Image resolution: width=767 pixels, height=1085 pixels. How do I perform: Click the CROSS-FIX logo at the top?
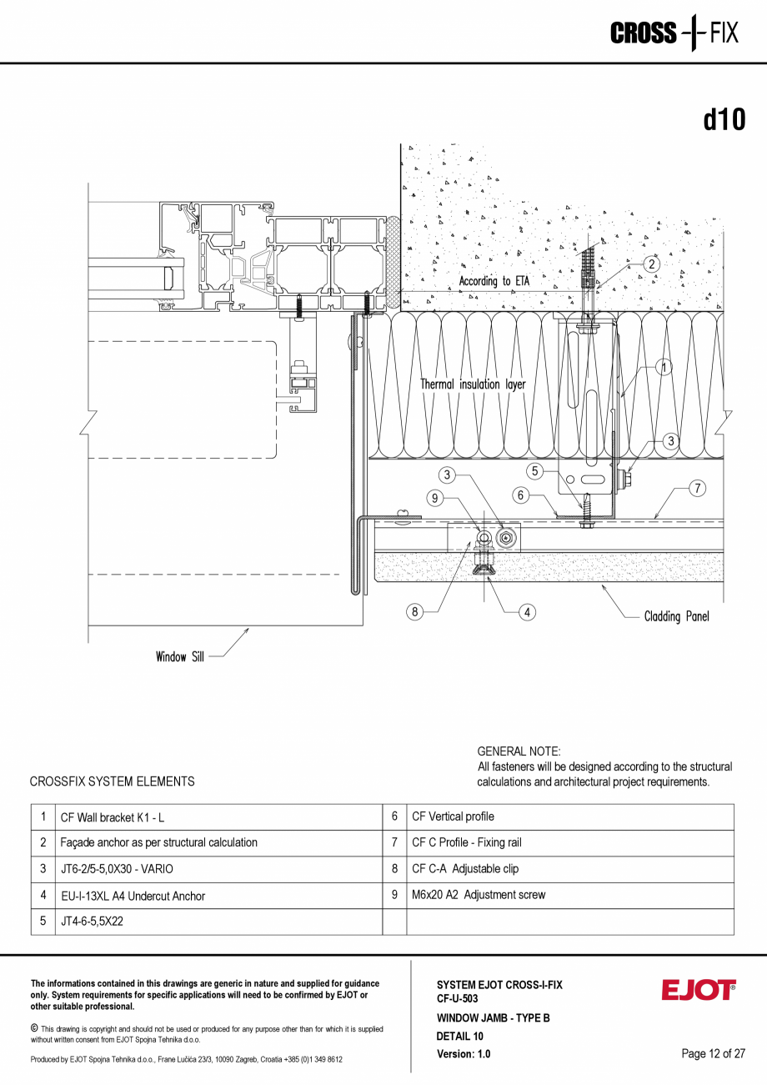pos(674,33)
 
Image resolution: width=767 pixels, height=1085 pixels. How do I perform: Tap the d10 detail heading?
pos(724,120)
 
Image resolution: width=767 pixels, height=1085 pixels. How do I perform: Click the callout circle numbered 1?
pos(664,367)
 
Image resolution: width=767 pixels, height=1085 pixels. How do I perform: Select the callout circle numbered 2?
pos(651,264)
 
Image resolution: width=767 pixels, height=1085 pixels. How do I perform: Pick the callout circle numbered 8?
pos(415,612)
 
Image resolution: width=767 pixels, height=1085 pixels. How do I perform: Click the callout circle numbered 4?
pos(527,612)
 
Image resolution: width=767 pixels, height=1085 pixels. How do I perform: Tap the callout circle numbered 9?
pos(434,499)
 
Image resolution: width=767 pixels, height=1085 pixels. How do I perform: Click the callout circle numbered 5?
pos(536,470)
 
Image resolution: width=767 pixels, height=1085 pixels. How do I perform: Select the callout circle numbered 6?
pos(521,495)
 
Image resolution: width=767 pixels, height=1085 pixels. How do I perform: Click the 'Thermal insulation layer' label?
pos(473,384)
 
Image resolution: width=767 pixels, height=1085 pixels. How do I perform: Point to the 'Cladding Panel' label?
pos(676,617)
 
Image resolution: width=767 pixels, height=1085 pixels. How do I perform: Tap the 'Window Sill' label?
pos(179,657)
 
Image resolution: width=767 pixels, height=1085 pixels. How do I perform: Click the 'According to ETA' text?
pos(494,282)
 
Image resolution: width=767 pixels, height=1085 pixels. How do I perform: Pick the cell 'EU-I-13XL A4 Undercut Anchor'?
pos(133,896)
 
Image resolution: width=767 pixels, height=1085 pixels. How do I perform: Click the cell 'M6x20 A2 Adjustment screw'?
pos(479,895)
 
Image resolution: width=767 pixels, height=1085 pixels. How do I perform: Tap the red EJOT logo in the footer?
pos(699,991)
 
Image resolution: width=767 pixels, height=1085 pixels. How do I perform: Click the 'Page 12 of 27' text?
pos(713,1053)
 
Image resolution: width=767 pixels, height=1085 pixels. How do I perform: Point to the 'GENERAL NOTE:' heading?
pos(519,751)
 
